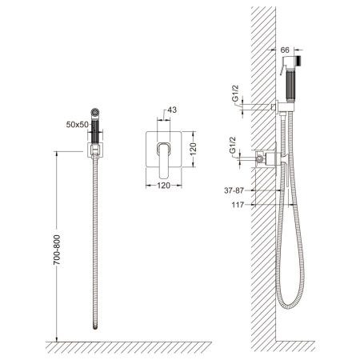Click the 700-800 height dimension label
57,250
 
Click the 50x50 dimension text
77,125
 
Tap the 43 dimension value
172,110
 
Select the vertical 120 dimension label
193,149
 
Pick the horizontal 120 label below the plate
163,186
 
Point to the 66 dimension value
285,50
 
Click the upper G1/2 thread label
235,94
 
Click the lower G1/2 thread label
232,146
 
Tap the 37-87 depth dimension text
234,190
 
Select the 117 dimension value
238,205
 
